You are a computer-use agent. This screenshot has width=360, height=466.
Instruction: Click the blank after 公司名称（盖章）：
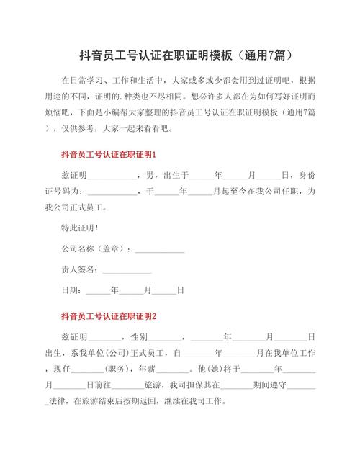click(x=160, y=251)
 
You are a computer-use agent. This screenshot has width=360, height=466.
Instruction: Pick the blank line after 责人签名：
click(x=127, y=271)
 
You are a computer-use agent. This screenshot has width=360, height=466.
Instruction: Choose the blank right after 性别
click(x=166, y=337)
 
